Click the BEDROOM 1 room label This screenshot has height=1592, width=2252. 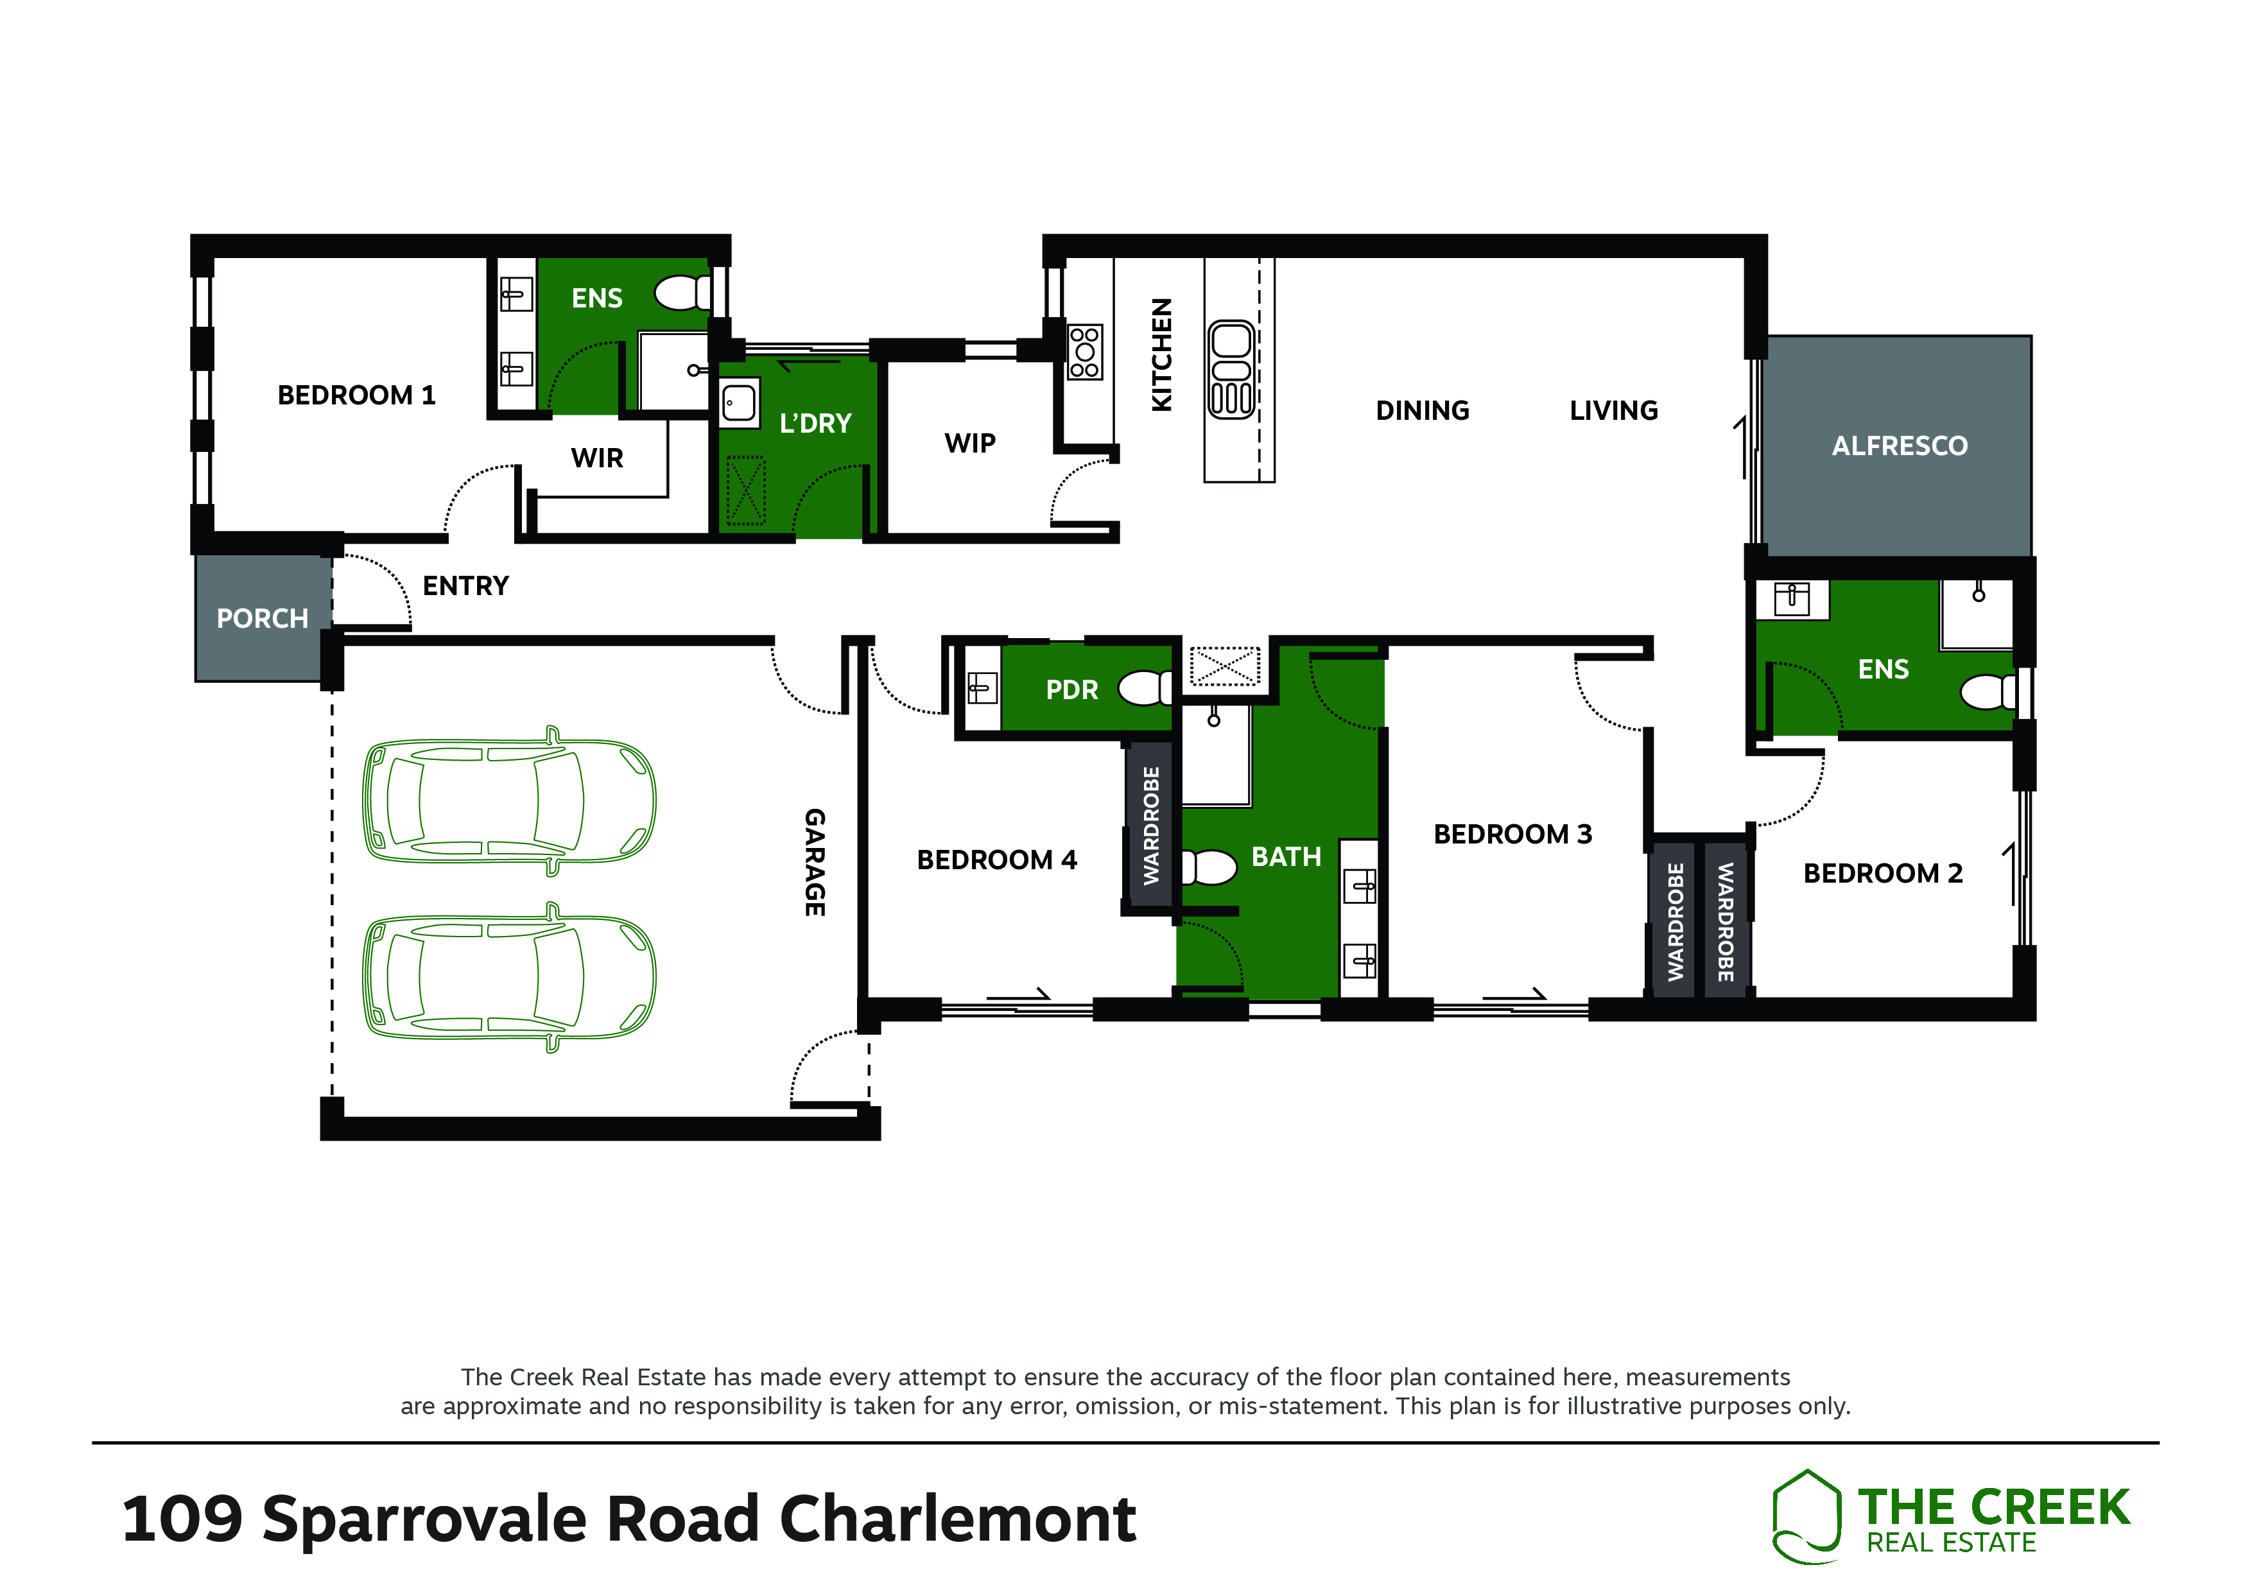click(356, 395)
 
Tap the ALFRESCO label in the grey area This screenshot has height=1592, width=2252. click(1899, 446)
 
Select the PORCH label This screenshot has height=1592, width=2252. click(262, 619)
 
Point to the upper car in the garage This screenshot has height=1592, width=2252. click(509, 800)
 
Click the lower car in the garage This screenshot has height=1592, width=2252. click(509, 978)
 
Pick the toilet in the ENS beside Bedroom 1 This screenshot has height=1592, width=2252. click(682, 292)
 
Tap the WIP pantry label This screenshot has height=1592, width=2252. click(970, 444)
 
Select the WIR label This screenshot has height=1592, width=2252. click(597, 458)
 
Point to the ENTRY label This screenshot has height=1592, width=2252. click(466, 587)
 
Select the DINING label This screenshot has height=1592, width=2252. click(1422, 411)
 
